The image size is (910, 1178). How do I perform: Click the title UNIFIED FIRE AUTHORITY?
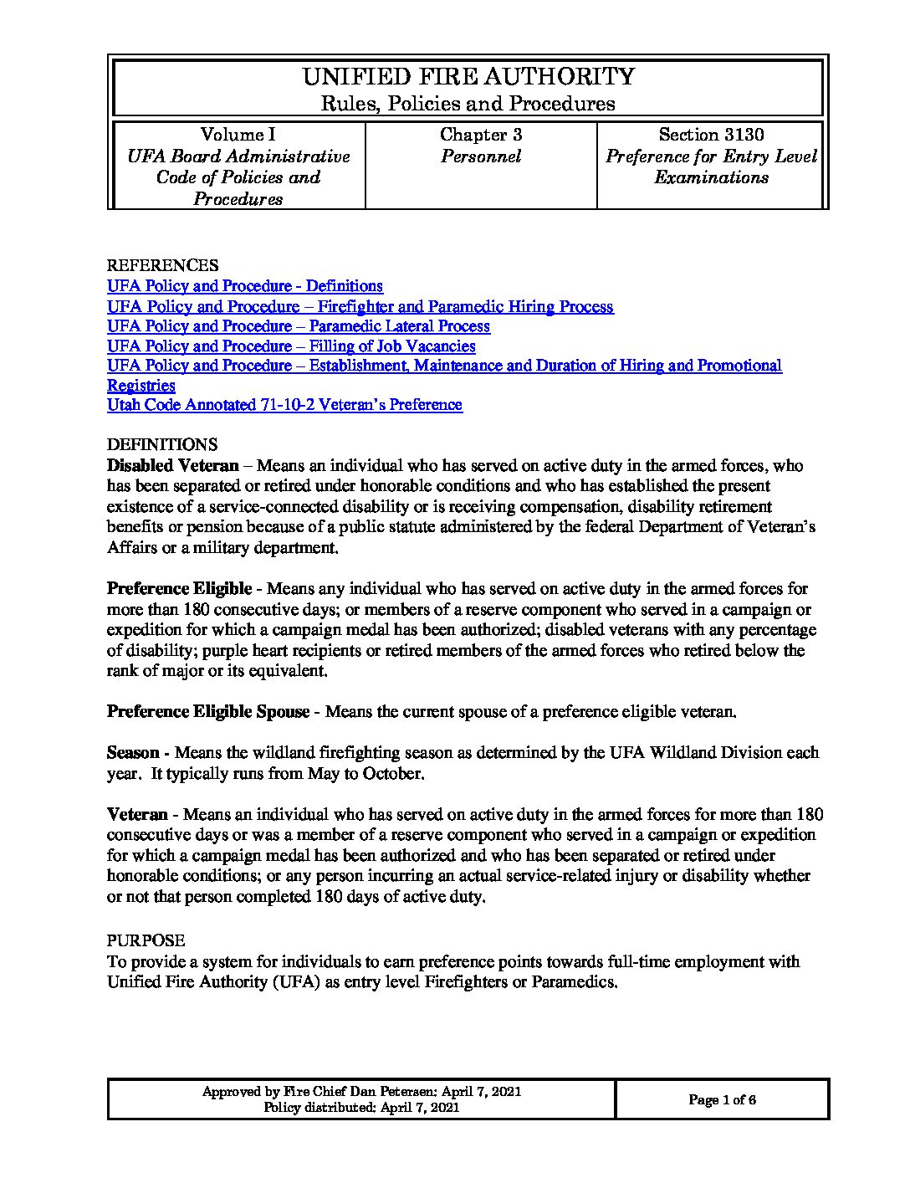tap(468, 77)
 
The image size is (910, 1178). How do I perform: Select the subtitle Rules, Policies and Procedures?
tap(468, 104)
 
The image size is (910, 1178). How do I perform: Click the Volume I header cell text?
tap(238, 135)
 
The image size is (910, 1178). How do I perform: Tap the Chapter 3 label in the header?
tap(481, 135)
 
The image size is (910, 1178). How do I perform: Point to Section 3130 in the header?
tap(711, 135)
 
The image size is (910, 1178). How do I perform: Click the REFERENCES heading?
tap(162, 266)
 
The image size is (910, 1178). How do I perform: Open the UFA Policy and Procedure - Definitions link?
tap(245, 286)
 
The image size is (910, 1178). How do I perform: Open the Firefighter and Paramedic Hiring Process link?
tap(360, 306)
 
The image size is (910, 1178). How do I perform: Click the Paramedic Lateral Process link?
tap(299, 326)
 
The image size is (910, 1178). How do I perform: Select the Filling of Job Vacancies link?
tap(291, 346)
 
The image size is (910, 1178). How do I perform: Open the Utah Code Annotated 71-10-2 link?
tap(284, 405)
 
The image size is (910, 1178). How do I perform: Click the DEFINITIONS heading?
tap(162, 444)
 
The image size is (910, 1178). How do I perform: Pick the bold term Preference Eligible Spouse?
tap(207, 712)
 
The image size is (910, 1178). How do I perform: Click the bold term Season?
tap(133, 753)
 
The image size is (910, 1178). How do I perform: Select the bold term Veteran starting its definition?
tap(137, 814)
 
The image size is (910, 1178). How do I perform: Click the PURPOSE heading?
tap(146, 941)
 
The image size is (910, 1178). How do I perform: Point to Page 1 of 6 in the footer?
tap(722, 1100)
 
